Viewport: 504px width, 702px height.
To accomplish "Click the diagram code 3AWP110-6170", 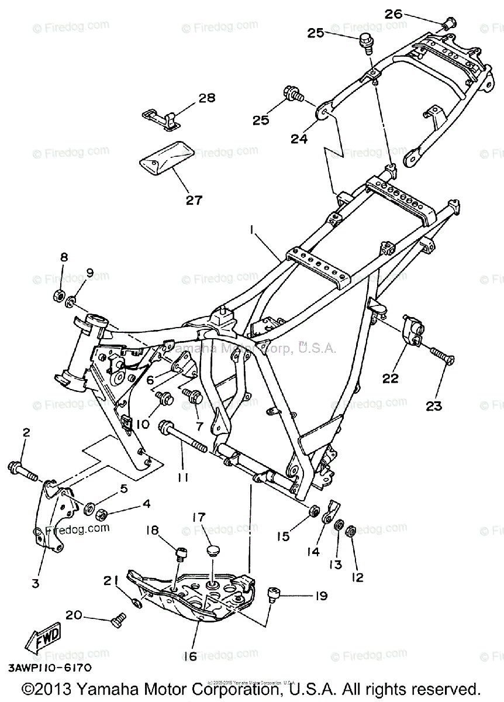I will tap(49, 667).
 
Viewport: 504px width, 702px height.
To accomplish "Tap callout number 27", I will tap(194, 200).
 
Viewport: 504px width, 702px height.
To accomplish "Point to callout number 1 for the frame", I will tap(252, 231).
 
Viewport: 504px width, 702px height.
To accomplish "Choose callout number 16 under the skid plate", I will tap(190, 656).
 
